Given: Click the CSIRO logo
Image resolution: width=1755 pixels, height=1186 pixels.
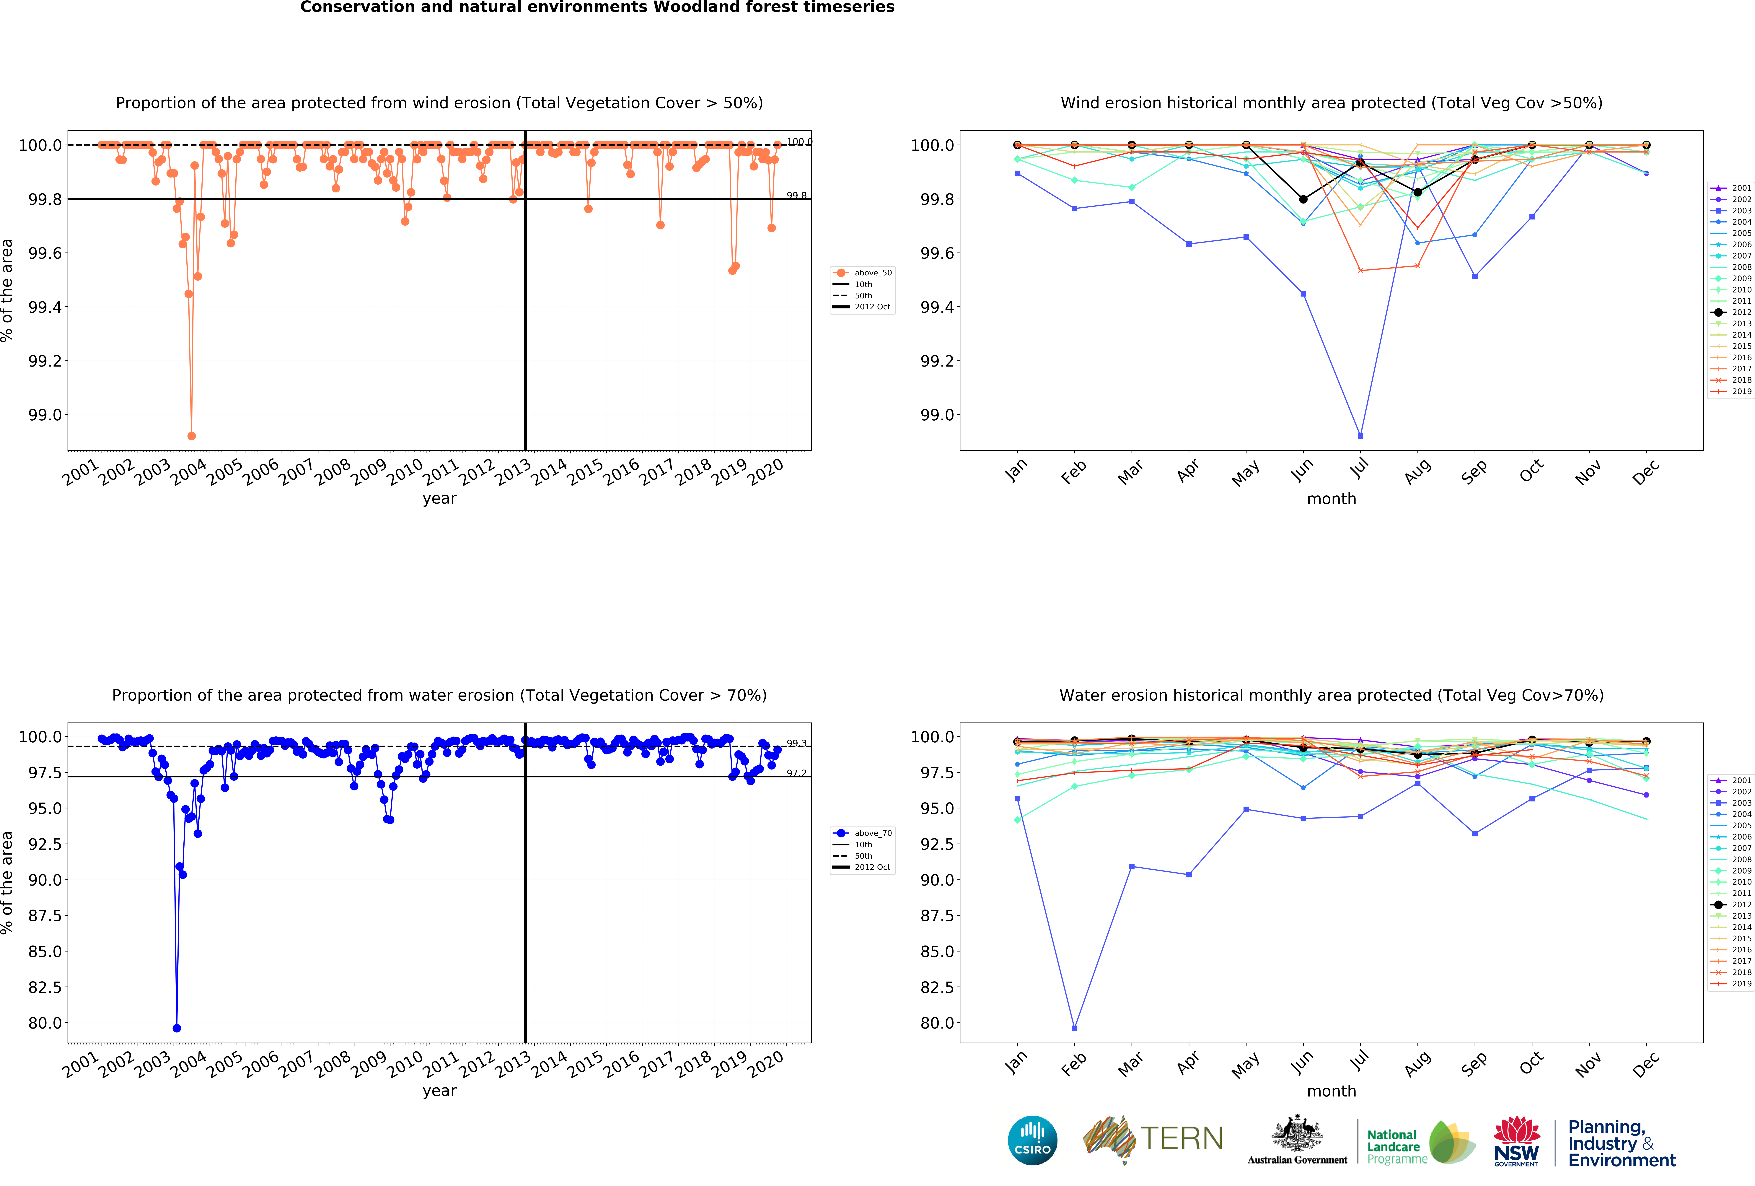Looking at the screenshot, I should tap(1032, 1140).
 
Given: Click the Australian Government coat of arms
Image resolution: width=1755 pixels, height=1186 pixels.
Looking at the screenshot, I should tap(1297, 1133).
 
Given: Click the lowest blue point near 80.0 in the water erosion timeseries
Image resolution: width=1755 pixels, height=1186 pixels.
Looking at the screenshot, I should tap(177, 1028).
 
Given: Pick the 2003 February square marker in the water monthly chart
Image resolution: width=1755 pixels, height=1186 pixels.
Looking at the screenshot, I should tap(1075, 1028).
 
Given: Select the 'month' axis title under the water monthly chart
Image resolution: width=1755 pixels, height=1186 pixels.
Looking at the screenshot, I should tap(1331, 1091).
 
